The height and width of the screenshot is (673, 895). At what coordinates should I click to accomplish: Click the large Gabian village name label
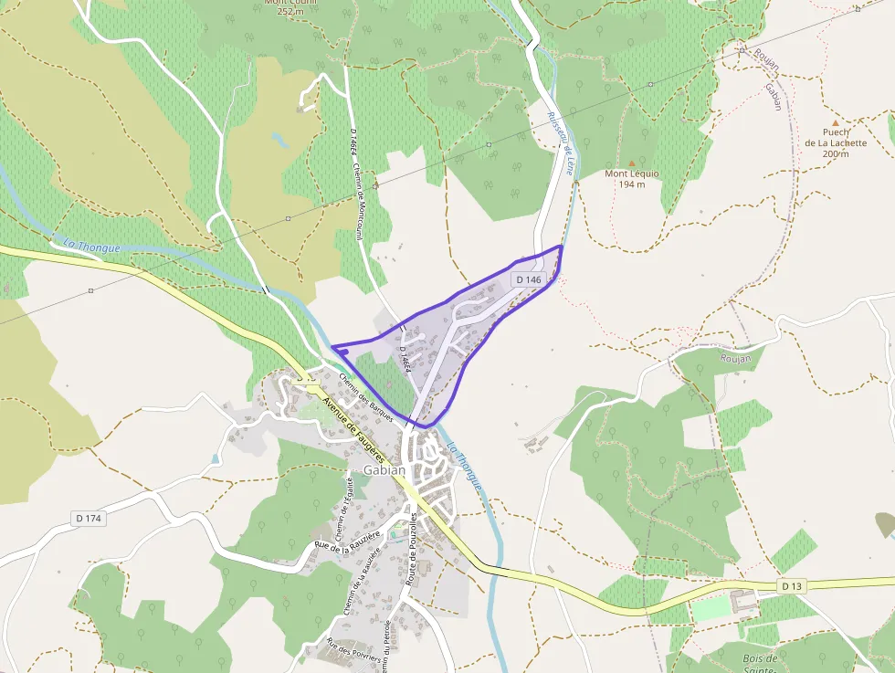tap(384, 470)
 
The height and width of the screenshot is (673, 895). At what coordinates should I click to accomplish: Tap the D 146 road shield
tap(528, 279)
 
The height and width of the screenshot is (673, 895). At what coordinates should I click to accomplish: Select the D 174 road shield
tap(89, 519)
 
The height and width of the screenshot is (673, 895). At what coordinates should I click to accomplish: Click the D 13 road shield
tap(791, 584)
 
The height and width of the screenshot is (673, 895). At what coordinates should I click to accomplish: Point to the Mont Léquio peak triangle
tap(631, 163)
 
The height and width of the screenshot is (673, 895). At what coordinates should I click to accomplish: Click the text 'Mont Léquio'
tap(632, 174)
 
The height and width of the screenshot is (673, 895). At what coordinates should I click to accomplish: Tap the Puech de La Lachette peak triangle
tap(834, 121)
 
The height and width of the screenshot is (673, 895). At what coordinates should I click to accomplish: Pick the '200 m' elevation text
tap(835, 153)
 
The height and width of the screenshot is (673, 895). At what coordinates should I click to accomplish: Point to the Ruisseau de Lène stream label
tap(561, 144)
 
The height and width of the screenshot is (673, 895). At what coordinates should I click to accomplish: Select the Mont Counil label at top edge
tap(284, 5)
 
